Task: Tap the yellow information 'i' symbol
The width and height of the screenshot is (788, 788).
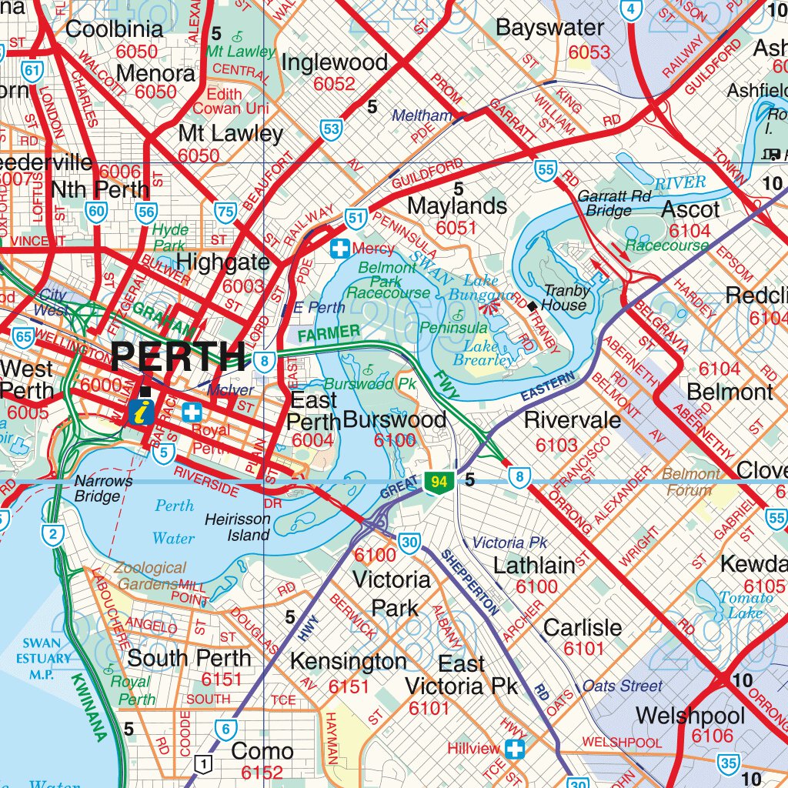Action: pos(141,412)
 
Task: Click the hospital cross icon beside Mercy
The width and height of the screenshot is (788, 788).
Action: pos(339,249)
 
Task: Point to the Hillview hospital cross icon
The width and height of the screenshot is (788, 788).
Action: pos(515,748)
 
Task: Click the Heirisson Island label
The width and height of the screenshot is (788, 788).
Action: pos(238,527)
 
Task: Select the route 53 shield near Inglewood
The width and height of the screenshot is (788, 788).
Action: pos(331,129)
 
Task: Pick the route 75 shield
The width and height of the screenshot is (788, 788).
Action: pos(225,212)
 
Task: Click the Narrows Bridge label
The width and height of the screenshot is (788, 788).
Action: pos(103,489)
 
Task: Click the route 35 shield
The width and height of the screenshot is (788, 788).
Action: pos(730,763)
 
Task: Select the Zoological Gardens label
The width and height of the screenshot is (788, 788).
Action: pos(151,576)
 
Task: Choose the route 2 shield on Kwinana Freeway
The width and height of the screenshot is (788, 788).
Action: pos(52,536)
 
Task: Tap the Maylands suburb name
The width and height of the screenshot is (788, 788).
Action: pos(457,206)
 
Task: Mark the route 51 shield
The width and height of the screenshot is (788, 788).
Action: pos(355,219)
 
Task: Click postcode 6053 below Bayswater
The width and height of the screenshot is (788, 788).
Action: pos(589,52)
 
